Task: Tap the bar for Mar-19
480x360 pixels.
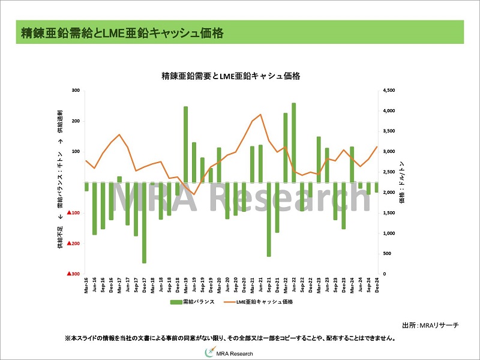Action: [x=185, y=145]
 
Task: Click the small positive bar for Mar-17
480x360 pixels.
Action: [x=119, y=179]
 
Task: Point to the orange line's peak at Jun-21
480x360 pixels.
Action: [x=260, y=115]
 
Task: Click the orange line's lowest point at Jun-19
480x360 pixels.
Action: [x=194, y=194]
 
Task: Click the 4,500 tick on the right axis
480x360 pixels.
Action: [x=388, y=91]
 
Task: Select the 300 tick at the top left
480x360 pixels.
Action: [x=76, y=91]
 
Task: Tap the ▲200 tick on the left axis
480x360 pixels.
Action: [x=74, y=243]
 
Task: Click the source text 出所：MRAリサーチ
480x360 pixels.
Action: [x=430, y=325]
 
